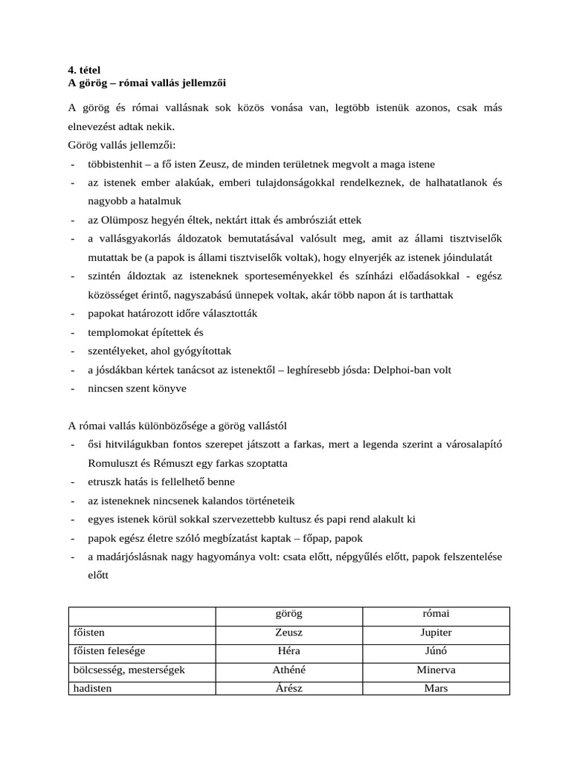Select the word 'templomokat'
click(120, 332)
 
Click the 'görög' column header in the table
click(288, 614)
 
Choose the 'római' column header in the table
click(436, 614)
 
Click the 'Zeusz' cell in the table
click(288, 632)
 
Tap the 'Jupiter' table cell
click(436, 632)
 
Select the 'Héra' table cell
click(288, 651)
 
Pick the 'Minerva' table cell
click(436, 670)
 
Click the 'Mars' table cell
click(436, 688)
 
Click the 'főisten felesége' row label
click(110, 651)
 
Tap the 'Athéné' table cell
click(288, 670)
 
